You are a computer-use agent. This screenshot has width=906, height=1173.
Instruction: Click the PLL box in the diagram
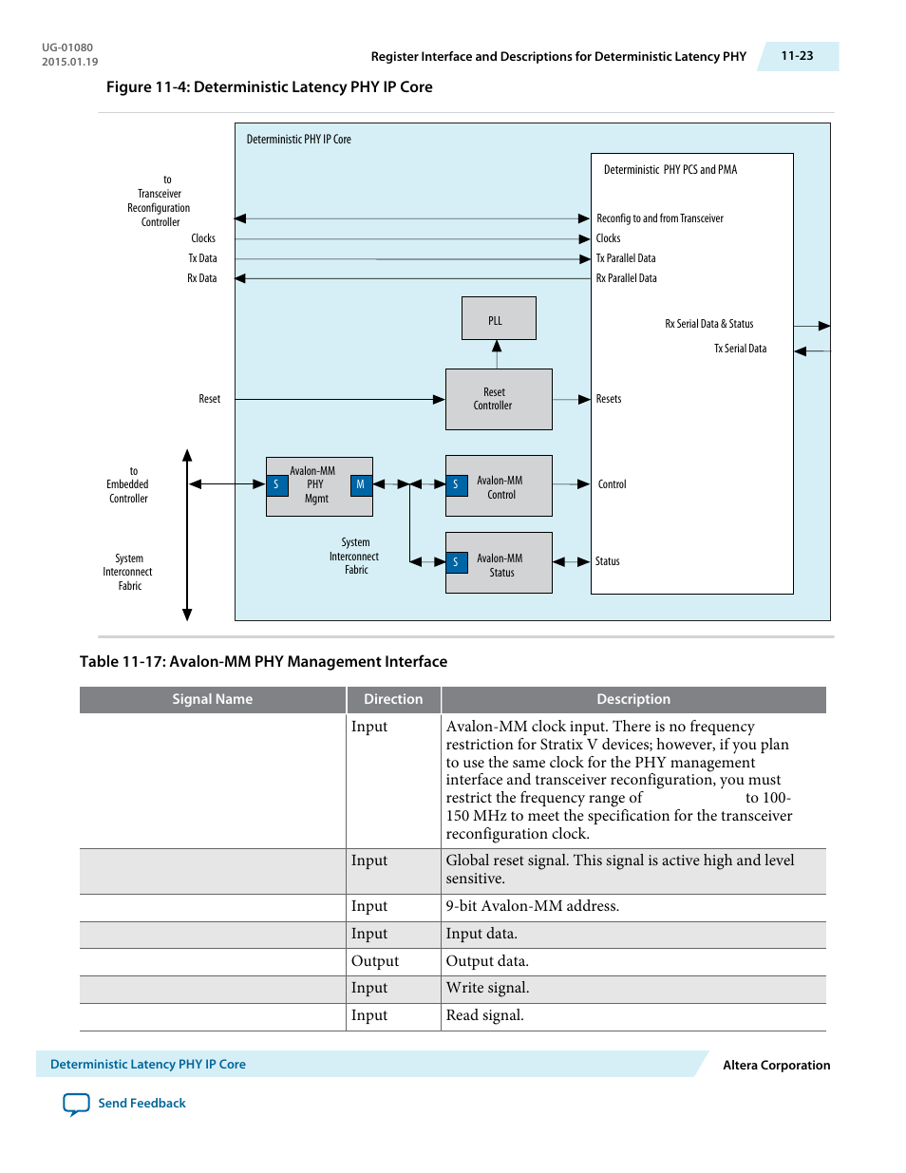coord(499,318)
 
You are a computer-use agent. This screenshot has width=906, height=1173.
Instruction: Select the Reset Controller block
coord(499,399)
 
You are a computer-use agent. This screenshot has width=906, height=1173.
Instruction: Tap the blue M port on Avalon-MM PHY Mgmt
coord(361,484)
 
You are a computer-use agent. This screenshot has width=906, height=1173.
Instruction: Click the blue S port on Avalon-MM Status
coord(457,562)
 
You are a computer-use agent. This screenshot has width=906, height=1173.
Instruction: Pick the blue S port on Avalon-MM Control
coord(457,484)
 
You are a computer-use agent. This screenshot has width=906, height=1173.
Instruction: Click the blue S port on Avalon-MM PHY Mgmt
coord(276,484)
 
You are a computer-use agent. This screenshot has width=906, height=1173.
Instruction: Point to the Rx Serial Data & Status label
coord(709,323)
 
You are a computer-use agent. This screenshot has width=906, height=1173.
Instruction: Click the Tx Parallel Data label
coord(626,258)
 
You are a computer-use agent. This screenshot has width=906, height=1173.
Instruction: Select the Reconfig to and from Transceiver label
coord(660,218)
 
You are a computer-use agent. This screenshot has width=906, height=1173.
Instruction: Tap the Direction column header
coord(393,699)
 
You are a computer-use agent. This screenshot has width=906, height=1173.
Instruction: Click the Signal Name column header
coord(212,699)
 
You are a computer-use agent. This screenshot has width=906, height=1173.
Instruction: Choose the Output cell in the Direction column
coord(375,960)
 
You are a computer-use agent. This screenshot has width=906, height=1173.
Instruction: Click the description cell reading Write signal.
coord(487,987)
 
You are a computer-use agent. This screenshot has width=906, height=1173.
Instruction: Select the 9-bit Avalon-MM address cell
coord(532,906)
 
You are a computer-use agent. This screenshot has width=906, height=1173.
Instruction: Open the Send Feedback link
coord(142,1103)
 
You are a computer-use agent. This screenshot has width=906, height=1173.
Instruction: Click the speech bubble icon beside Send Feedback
coord(76,1104)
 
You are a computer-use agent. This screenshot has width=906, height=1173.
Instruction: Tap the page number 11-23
coord(797,56)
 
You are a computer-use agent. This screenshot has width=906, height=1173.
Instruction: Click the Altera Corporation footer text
coord(776,1065)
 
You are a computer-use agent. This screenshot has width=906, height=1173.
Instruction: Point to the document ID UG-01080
coord(67,47)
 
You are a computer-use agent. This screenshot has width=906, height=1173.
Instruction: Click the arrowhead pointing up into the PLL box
coord(497,346)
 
